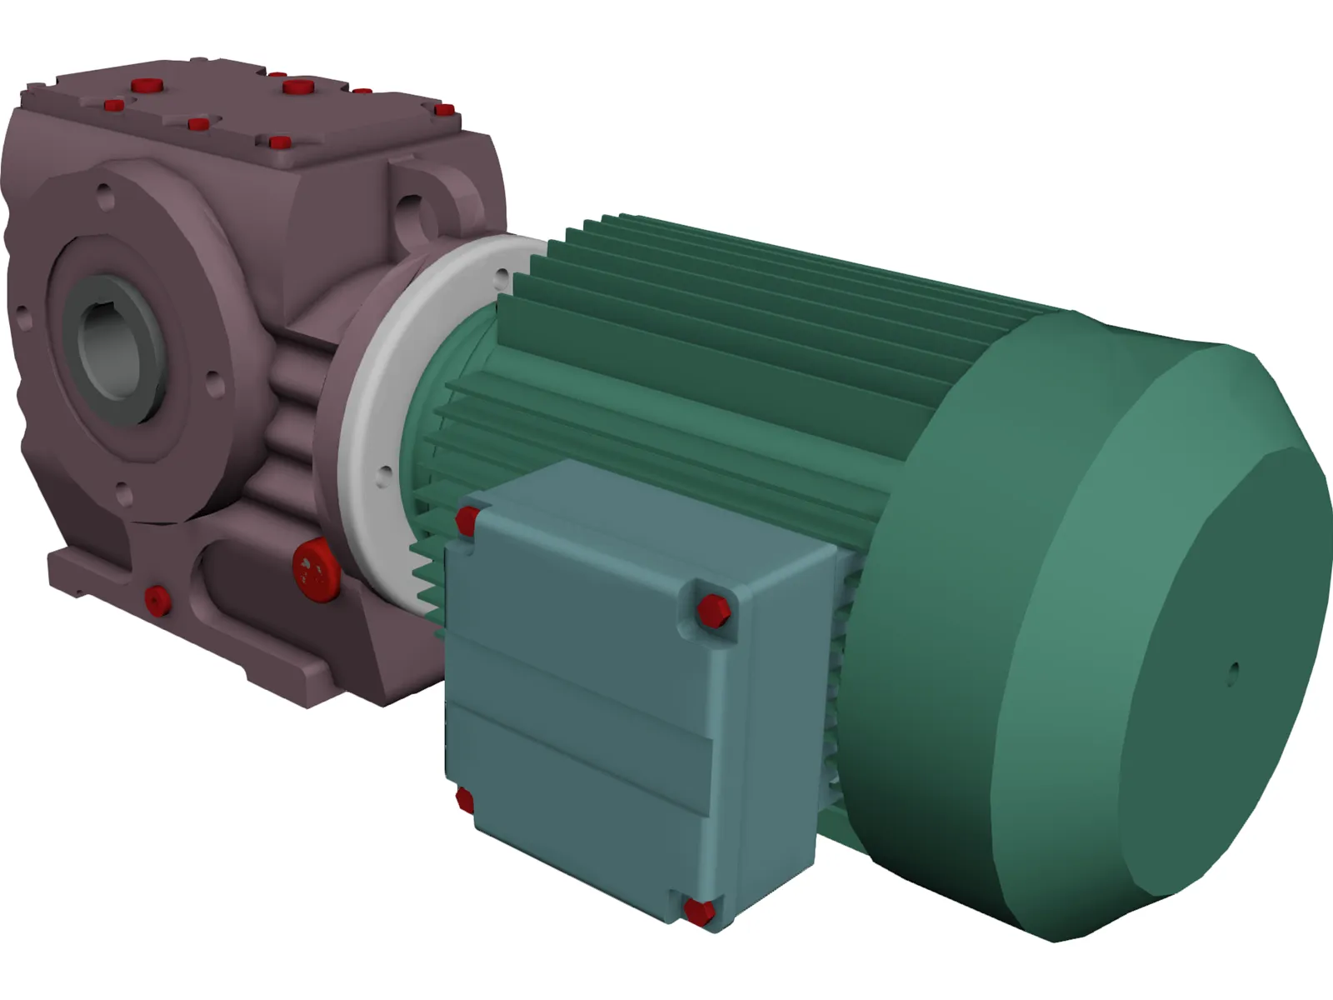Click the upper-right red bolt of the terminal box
[x=713, y=610]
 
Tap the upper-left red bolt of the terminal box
[x=467, y=522]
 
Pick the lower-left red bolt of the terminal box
[x=464, y=802]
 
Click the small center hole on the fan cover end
[x=1234, y=669]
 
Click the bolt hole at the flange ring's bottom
[x=384, y=477]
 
